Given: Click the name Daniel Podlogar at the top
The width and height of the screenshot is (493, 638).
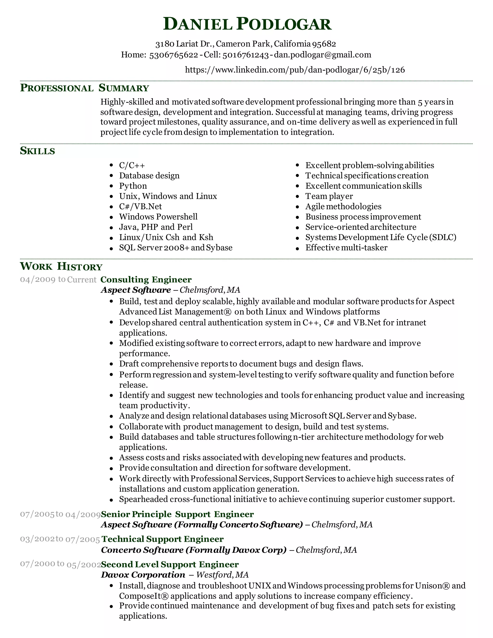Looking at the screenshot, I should click(247, 24).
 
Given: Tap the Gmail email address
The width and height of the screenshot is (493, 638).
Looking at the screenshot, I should click(322, 55).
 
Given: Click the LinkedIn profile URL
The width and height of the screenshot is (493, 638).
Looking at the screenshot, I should click(295, 70).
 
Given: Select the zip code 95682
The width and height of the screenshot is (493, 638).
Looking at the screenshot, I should click(324, 44).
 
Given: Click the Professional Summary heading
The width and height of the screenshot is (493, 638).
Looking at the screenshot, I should click(84, 88).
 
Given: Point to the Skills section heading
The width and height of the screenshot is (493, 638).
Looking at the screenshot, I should click(37, 151).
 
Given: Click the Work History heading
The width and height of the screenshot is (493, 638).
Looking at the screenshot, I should click(61, 267).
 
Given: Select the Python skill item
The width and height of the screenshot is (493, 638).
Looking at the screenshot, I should click(133, 186).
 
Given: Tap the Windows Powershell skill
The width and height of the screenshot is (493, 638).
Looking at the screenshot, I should click(158, 216).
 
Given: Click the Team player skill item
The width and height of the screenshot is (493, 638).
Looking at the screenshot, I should click(329, 196).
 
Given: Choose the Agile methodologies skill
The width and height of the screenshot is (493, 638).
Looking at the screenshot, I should click(343, 206).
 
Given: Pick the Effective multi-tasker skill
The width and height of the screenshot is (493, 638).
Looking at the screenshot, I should click(346, 247).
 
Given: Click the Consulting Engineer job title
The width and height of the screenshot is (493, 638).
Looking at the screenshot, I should click(146, 280).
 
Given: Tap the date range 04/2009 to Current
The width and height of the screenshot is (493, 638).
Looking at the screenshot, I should click(58, 280).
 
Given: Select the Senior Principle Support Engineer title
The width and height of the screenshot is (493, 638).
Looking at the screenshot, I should click(177, 514).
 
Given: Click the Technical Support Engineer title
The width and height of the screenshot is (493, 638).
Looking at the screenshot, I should click(162, 539).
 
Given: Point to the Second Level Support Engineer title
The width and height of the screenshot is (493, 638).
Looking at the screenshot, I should click(170, 564).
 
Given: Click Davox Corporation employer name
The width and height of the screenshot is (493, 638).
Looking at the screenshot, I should click(143, 575).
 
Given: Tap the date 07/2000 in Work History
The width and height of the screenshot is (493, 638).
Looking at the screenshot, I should click(37, 564).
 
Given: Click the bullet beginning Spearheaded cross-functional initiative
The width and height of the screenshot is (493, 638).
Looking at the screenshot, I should click(287, 499).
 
